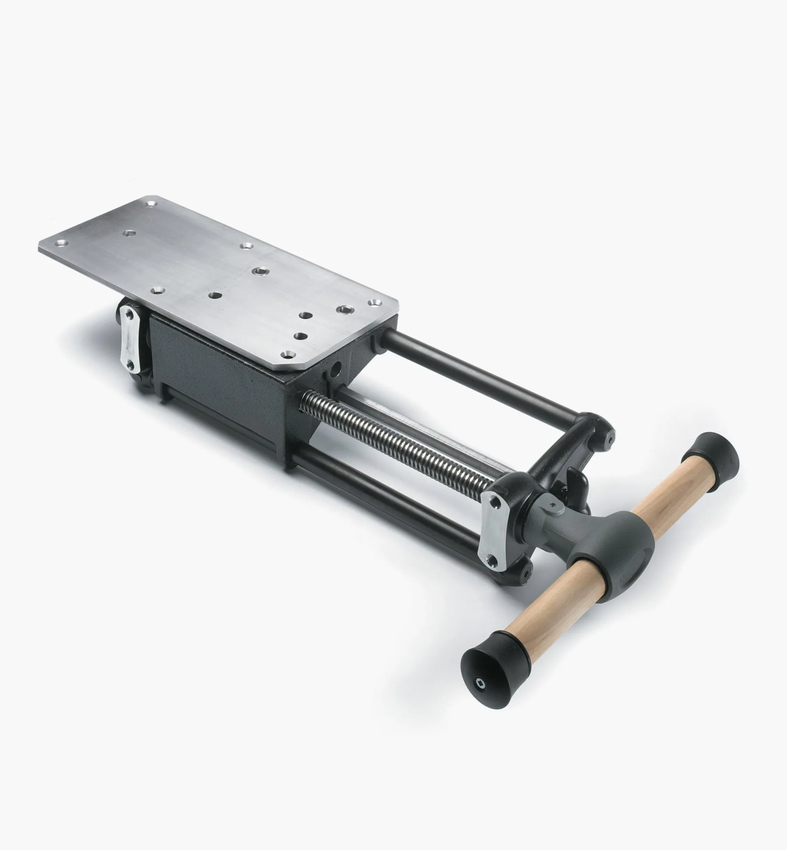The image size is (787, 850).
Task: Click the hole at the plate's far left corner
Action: tap(60, 244)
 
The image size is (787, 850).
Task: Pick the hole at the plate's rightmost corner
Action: tap(374, 303)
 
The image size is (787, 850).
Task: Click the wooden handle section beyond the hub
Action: tap(664, 497)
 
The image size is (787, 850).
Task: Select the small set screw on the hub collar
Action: tap(553, 506)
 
